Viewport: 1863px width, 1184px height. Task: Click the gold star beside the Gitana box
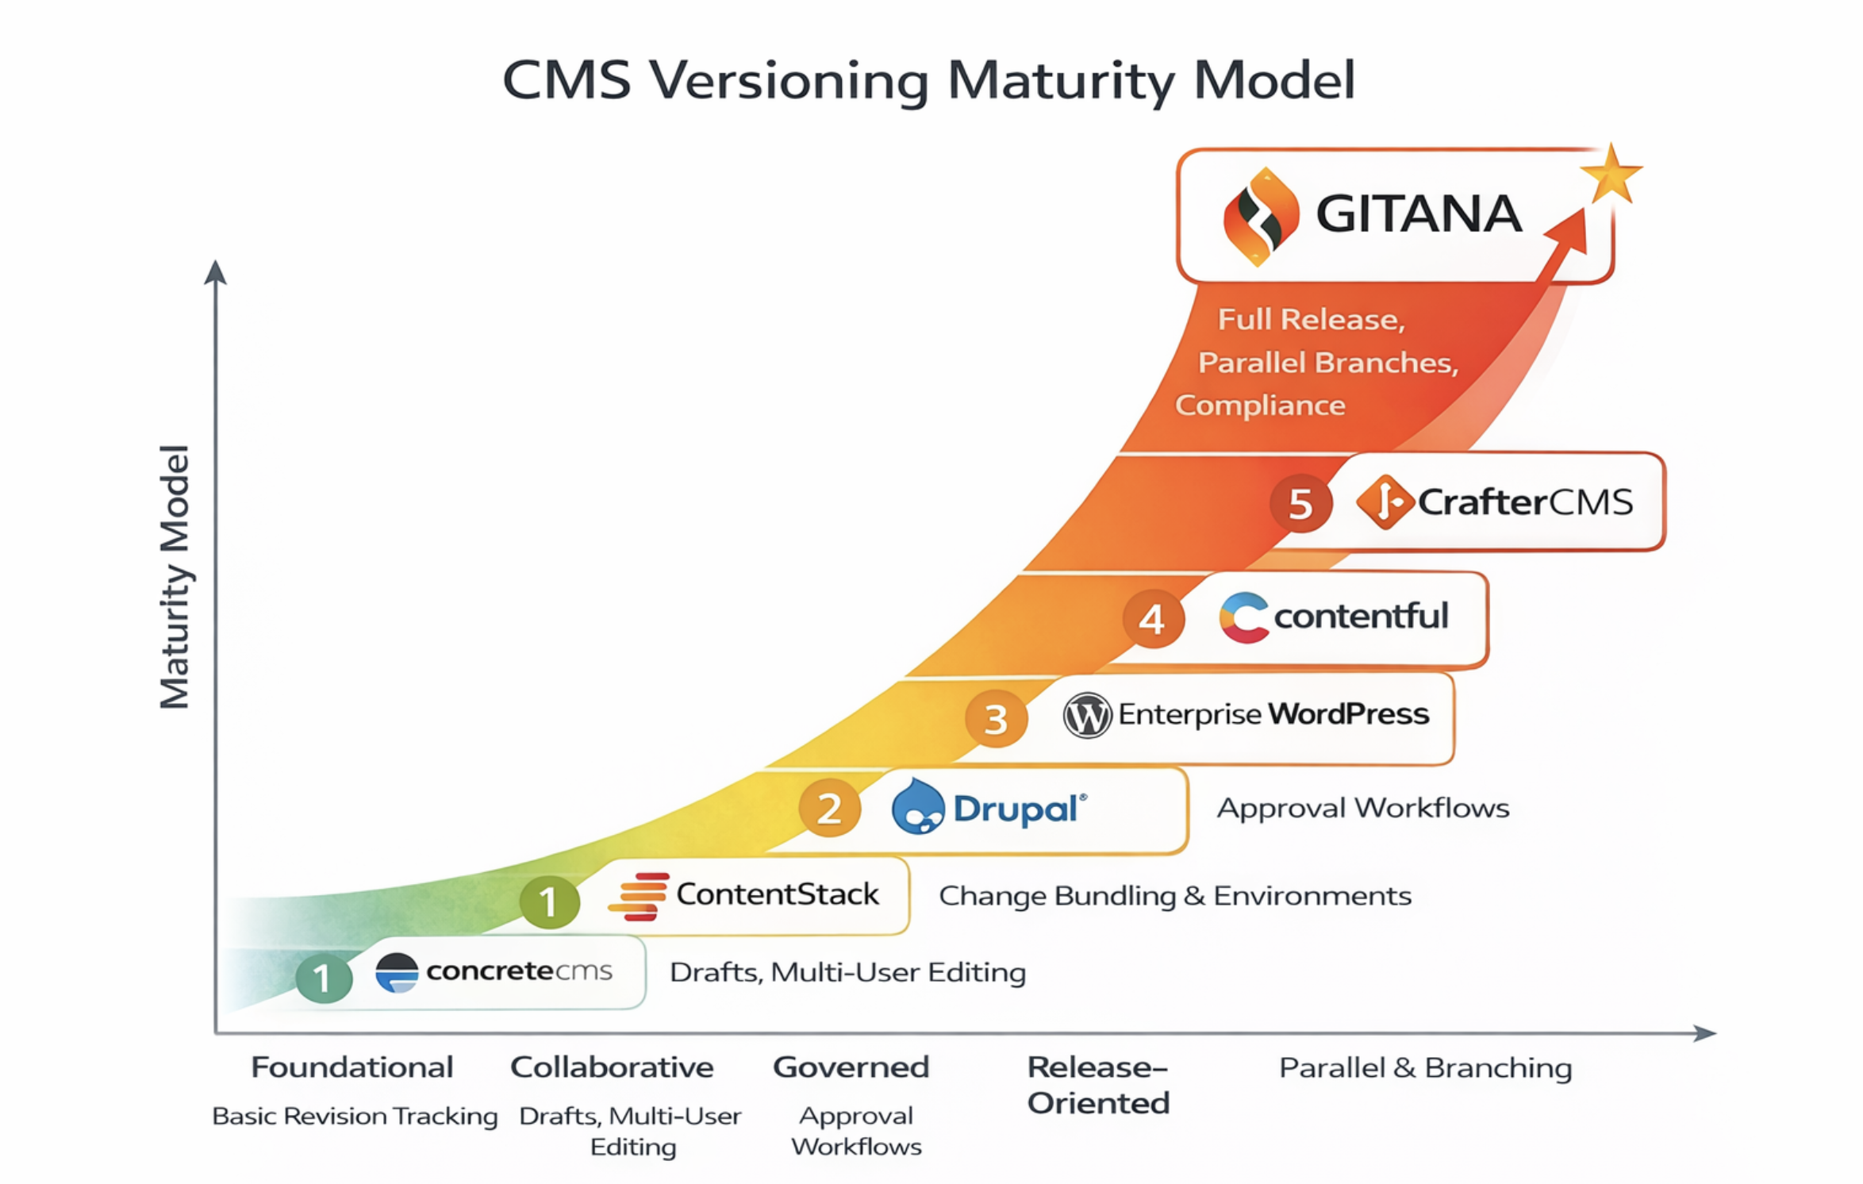point(1610,174)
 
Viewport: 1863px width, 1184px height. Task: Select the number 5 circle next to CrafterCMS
point(1300,504)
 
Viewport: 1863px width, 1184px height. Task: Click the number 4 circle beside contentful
point(1153,619)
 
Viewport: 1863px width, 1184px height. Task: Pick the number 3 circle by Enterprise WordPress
point(996,719)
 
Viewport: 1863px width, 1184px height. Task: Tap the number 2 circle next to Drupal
point(829,809)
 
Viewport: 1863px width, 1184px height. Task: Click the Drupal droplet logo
point(918,807)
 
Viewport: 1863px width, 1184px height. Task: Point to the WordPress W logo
point(1086,715)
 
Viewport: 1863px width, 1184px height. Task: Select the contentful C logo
point(1243,617)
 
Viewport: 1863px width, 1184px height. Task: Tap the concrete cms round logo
point(397,973)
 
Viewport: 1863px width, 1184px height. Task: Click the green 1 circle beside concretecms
point(324,978)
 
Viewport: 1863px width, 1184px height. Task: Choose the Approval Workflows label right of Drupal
point(1362,808)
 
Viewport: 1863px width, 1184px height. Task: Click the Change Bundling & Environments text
point(1174,896)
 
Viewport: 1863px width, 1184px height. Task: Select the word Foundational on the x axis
point(351,1067)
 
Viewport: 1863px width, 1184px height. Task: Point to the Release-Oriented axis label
point(1098,1085)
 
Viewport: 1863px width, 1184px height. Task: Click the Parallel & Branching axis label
point(1425,1068)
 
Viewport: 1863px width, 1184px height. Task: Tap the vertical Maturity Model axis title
point(175,576)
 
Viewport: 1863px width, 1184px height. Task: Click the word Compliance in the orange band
point(1260,406)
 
